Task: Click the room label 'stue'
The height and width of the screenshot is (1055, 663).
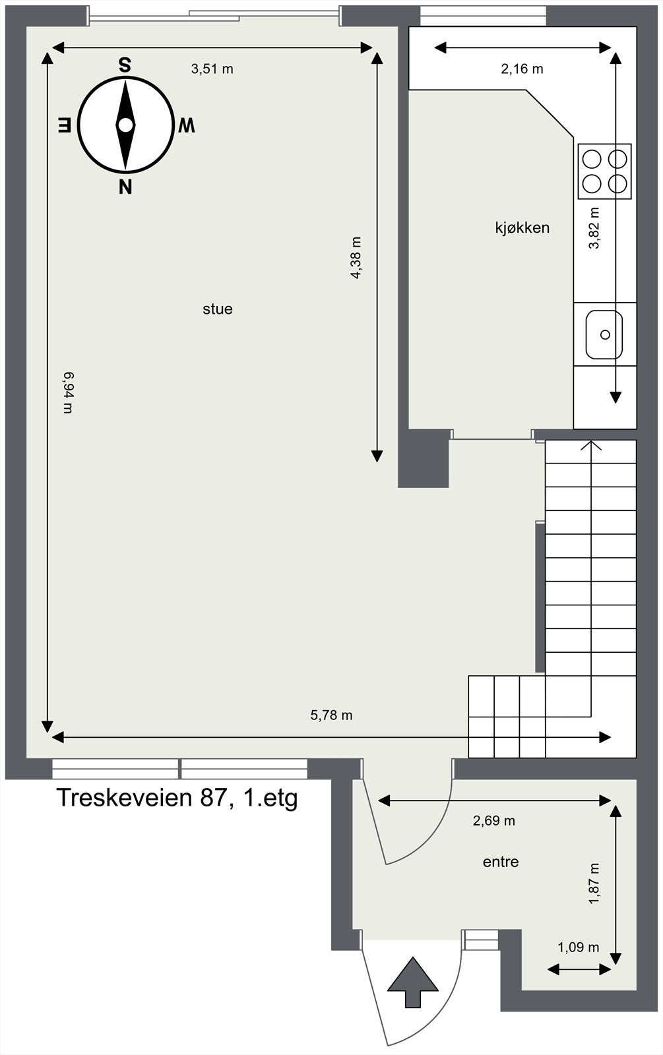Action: (218, 309)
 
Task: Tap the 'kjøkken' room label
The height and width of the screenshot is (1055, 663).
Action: (522, 228)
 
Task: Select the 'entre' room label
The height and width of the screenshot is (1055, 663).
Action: (501, 862)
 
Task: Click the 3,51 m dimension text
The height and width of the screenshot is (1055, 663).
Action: (212, 69)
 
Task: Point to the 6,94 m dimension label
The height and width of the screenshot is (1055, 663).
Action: (68, 392)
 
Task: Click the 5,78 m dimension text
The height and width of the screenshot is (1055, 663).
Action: (331, 715)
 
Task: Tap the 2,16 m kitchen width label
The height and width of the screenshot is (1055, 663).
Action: (522, 69)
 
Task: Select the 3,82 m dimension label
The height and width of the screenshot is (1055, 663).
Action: (594, 228)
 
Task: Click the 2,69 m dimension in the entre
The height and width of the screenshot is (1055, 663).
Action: (493, 821)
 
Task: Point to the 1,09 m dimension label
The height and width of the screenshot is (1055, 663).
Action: (578, 948)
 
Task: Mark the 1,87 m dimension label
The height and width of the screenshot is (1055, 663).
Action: (594, 884)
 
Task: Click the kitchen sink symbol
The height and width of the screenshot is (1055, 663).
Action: (604, 334)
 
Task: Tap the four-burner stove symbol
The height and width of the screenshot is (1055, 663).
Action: (604, 171)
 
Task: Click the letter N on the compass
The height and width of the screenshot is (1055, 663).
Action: (125, 187)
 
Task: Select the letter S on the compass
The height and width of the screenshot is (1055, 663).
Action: (124, 65)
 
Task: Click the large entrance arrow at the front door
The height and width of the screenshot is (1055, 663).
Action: (413, 982)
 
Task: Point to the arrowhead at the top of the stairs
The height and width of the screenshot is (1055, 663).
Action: (591, 446)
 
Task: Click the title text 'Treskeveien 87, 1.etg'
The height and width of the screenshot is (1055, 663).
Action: (177, 798)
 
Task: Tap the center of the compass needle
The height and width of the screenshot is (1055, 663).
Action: (125, 125)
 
